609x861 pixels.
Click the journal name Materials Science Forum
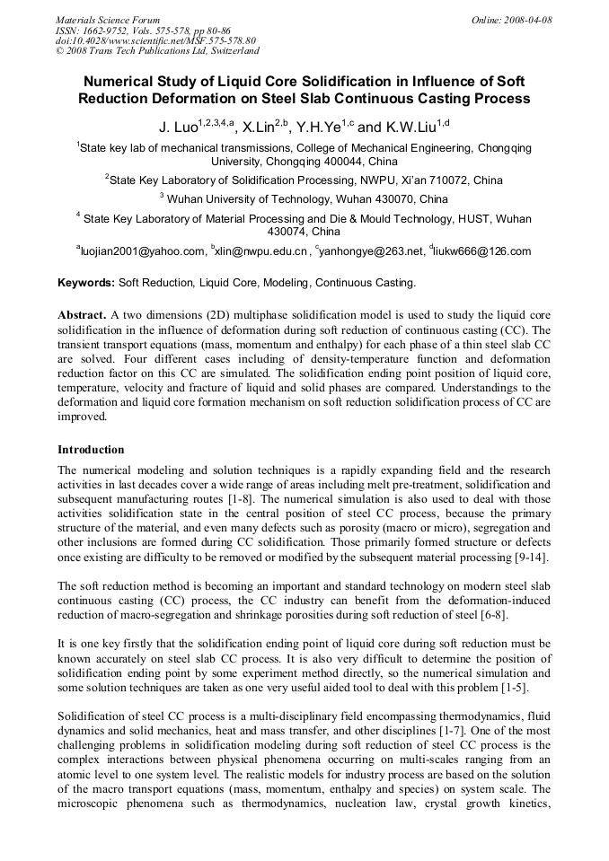(108, 20)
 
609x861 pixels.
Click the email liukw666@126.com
(482, 251)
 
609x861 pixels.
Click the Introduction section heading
(91, 449)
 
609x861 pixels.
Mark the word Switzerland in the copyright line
(232, 50)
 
